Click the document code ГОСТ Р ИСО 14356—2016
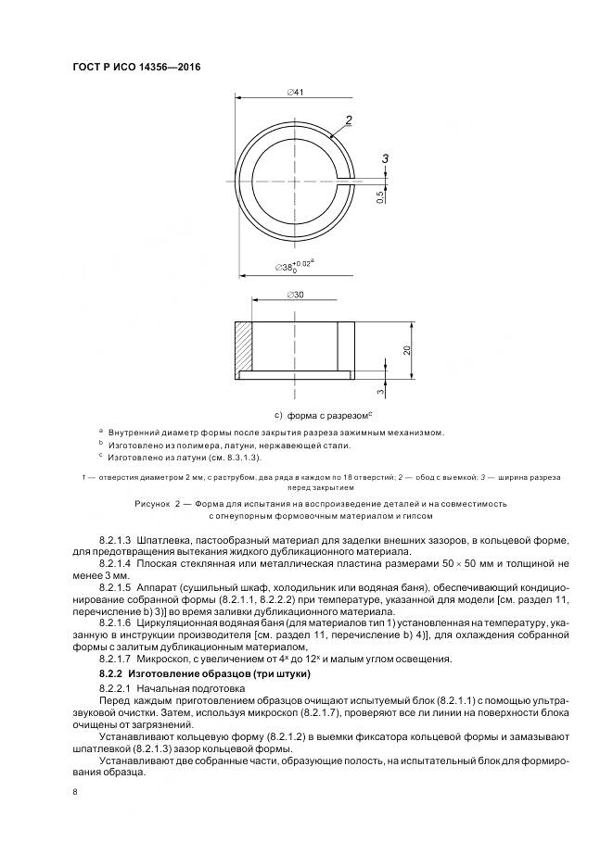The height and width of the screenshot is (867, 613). pos(137,68)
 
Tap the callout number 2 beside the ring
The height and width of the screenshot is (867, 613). pos(350,119)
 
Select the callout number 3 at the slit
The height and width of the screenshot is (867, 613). pos(385,159)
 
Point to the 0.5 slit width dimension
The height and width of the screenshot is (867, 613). pos(380,196)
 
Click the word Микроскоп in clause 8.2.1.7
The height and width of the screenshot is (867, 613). pos(163,659)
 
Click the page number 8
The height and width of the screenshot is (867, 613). pos(74,792)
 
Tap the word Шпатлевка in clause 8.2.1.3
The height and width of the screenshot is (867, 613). pos(164,538)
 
